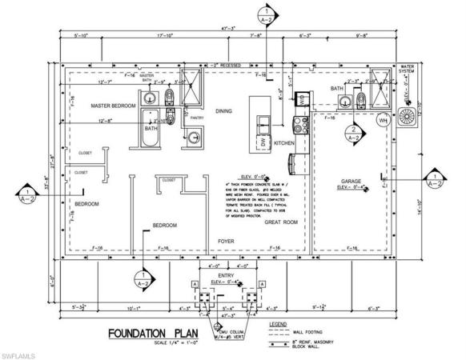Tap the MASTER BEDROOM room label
(111, 105)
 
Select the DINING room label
(223, 112)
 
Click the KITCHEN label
(285, 142)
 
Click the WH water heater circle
(383, 121)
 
